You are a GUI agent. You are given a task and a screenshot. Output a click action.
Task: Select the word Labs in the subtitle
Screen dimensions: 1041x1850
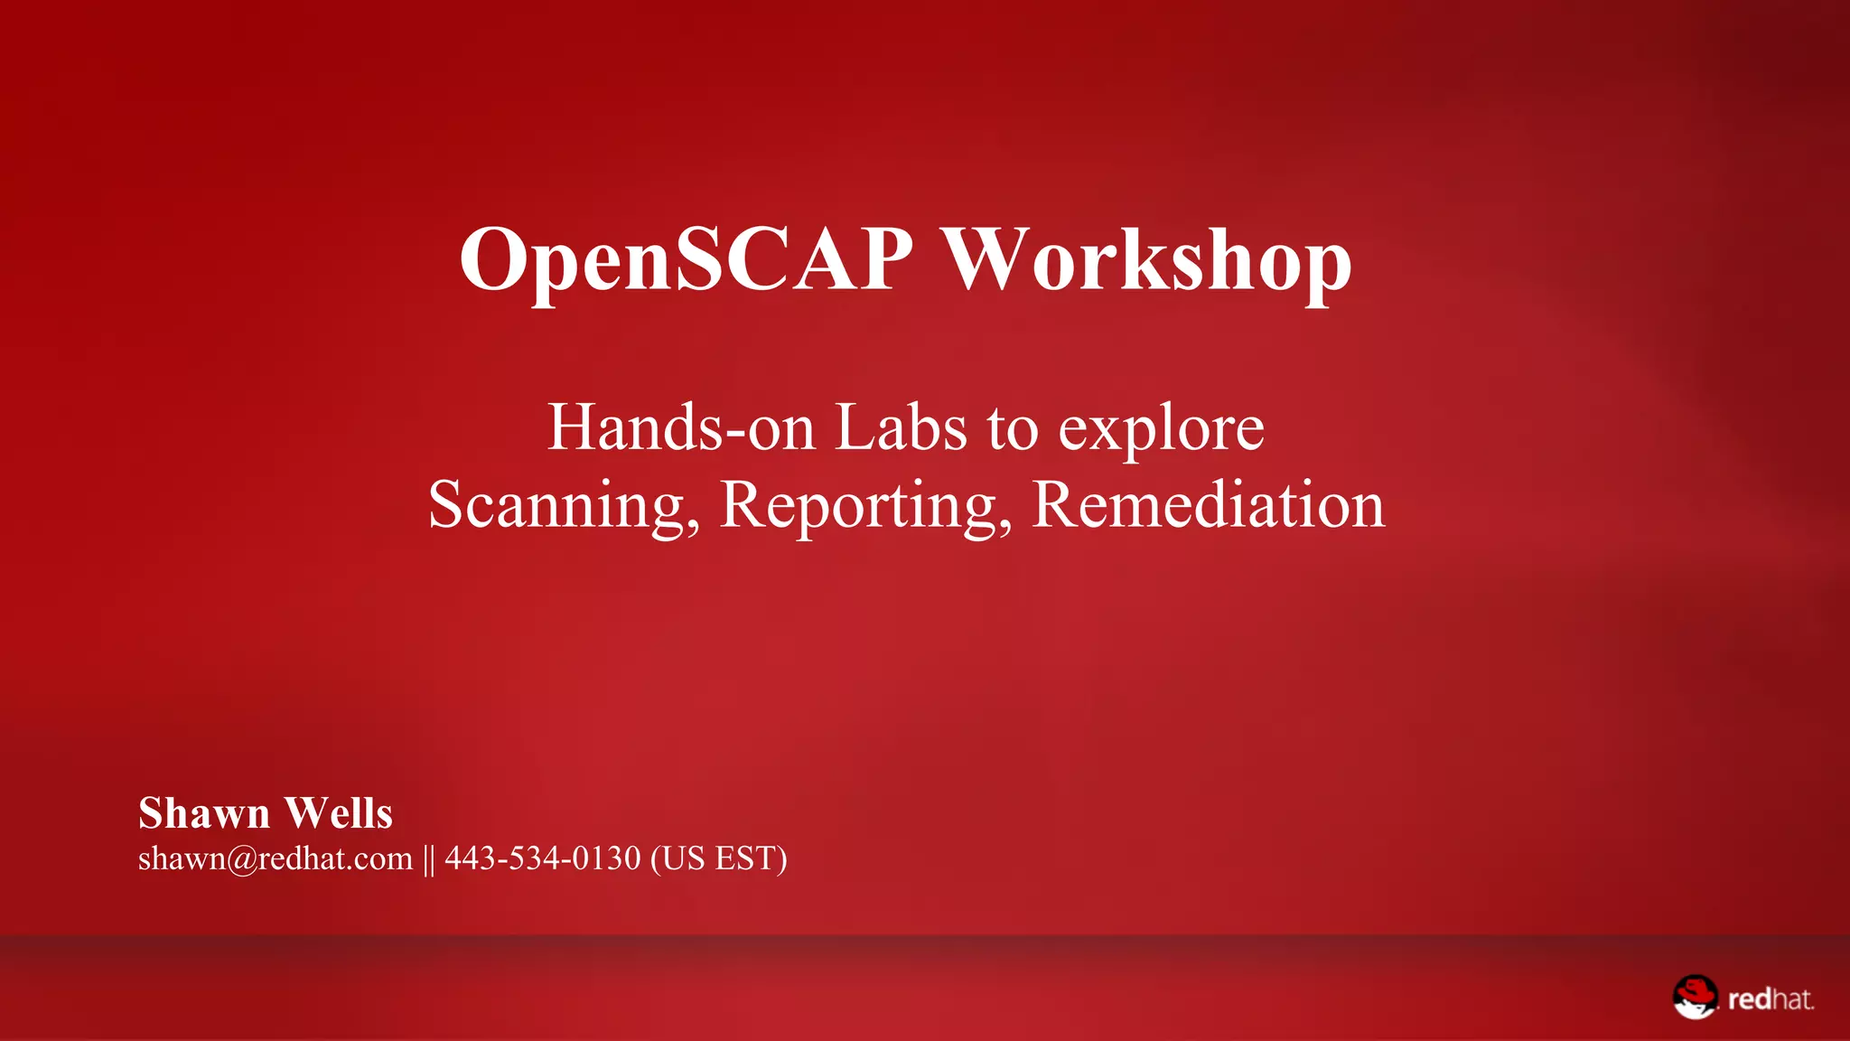tap(901, 427)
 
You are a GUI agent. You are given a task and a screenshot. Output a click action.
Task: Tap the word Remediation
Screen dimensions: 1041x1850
tap(1208, 505)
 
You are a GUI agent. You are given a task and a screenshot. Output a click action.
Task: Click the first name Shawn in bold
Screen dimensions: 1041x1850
tap(204, 813)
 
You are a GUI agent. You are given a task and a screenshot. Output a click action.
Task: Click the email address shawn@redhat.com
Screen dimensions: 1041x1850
tap(276, 858)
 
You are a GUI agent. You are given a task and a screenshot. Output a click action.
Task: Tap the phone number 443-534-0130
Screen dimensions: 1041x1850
tap(542, 858)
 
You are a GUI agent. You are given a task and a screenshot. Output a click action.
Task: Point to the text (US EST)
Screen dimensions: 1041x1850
tap(719, 858)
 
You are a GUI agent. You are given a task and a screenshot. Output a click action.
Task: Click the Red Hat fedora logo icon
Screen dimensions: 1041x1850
tap(1695, 997)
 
